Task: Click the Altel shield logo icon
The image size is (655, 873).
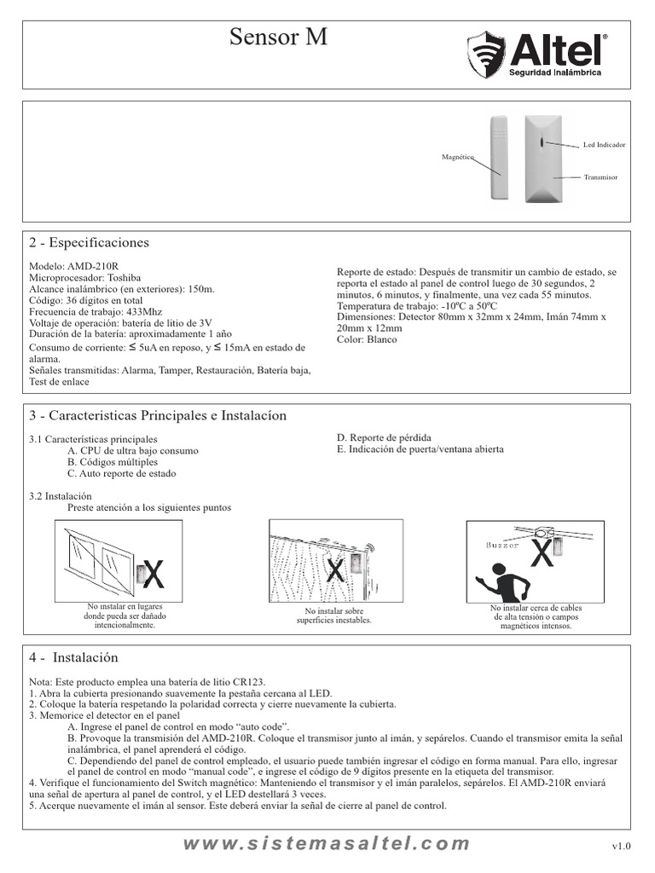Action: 486,55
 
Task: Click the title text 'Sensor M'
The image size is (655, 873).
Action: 279,38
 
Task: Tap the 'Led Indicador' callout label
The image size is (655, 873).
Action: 604,145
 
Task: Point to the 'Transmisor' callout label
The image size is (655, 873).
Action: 600,176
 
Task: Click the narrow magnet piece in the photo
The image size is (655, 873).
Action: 498,157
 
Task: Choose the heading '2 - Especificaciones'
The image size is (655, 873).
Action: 89,243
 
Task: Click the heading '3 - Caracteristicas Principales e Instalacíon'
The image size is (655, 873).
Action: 158,416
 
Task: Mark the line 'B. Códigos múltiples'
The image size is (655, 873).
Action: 113,462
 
